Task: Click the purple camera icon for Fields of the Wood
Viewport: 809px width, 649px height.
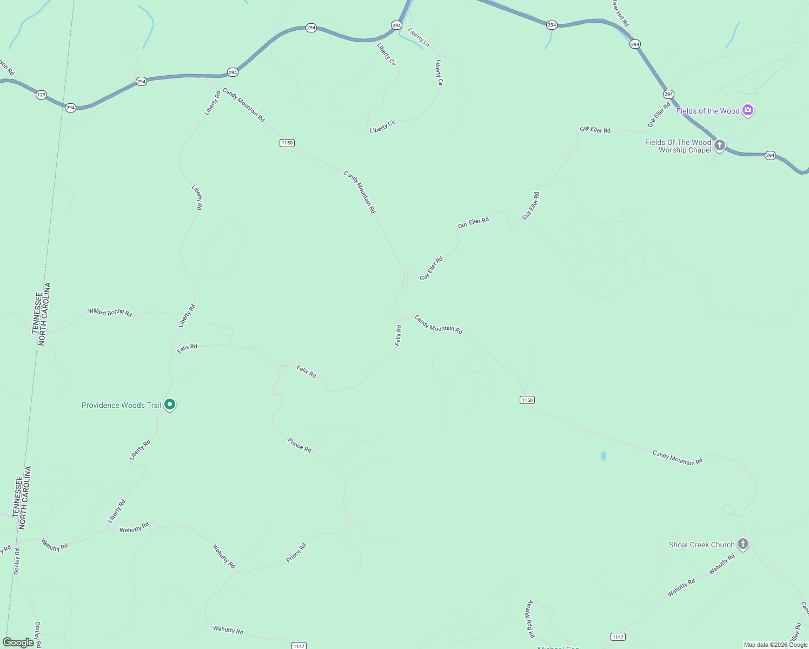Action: click(748, 110)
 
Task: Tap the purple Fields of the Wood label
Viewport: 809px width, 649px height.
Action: click(708, 111)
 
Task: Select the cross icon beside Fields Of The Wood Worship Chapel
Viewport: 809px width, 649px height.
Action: click(719, 145)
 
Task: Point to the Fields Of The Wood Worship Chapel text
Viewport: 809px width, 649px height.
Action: click(678, 146)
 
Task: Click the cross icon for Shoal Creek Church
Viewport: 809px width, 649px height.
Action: click(743, 544)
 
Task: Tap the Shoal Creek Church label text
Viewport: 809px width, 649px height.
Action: click(701, 545)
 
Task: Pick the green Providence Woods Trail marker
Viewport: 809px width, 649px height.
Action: click(170, 404)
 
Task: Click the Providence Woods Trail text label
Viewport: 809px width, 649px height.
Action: click(121, 405)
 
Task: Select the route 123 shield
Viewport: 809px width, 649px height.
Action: click(41, 95)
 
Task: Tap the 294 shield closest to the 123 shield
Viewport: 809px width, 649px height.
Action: click(70, 108)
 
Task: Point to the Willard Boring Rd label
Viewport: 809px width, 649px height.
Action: click(110, 312)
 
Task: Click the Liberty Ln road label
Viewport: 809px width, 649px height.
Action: click(419, 37)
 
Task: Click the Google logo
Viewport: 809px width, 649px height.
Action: click(18, 643)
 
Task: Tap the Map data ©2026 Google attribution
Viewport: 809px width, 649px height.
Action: click(775, 645)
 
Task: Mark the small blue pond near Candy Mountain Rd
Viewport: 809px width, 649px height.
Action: click(604, 456)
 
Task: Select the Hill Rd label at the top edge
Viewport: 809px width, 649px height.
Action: click(620, 14)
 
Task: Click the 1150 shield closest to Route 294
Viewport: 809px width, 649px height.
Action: click(287, 143)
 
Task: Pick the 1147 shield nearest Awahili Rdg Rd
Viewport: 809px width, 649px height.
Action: click(618, 637)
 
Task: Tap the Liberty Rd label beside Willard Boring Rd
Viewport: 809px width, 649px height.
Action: click(187, 316)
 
